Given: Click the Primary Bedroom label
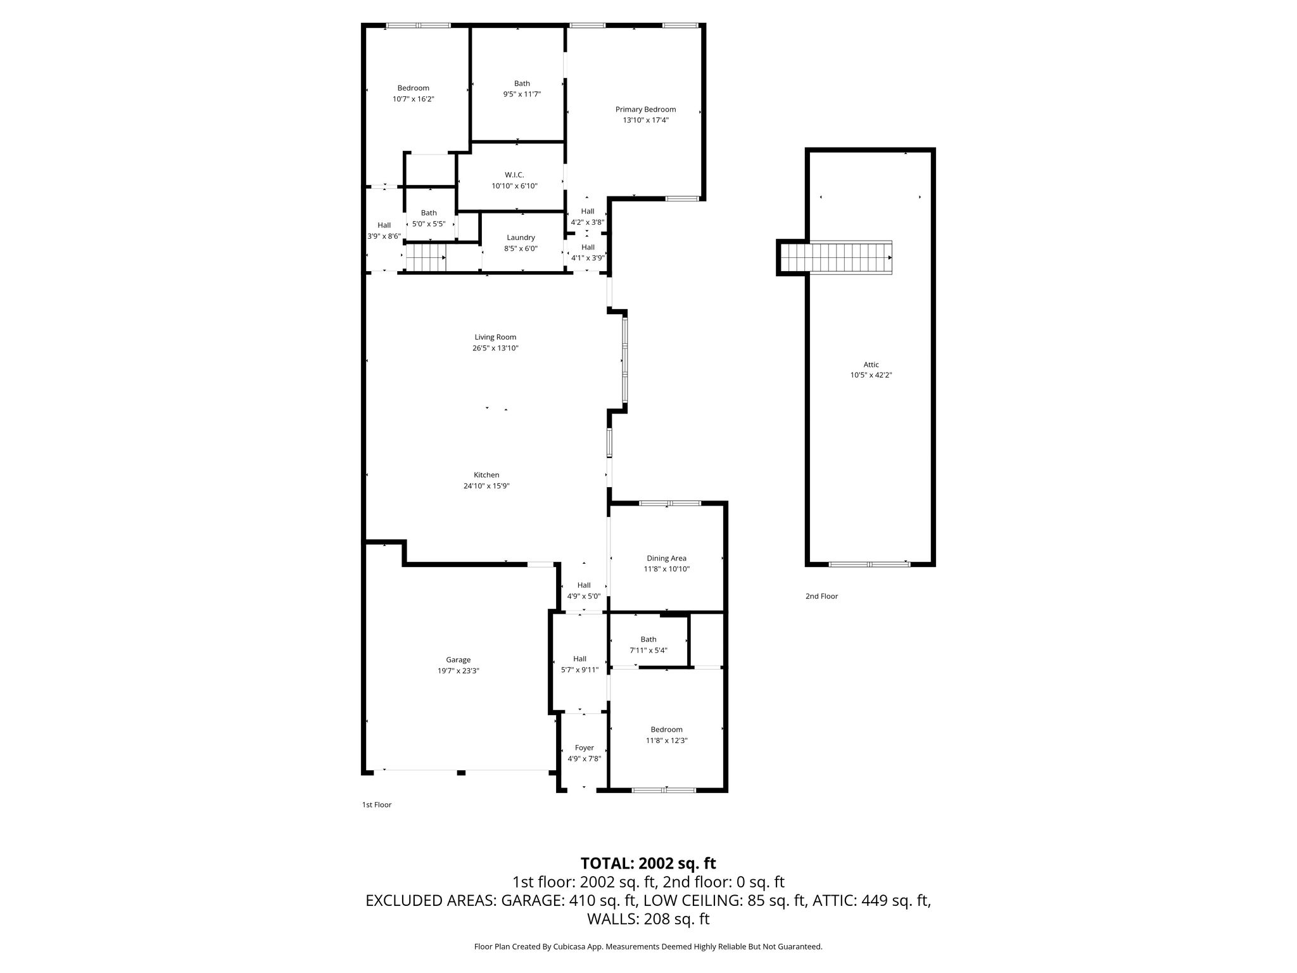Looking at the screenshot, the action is [645, 110].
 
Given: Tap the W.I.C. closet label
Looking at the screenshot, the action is [514, 175].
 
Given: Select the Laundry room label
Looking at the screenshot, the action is [521, 238].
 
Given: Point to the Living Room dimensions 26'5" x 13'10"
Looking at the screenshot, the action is [495, 348].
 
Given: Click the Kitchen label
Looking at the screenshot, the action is [486, 475].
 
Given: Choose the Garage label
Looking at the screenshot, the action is [458, 660].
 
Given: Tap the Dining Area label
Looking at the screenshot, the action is [666, 558].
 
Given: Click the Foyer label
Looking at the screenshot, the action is [584, 748].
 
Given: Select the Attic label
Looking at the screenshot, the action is [871, 364].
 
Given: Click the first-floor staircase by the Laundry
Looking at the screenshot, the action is [426, 258].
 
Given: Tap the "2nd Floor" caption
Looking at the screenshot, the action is [821, 596].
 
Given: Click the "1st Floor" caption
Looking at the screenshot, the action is [376, 804].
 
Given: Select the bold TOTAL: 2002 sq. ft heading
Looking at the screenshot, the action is [648, 863].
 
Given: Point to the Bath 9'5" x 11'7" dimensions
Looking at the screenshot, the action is [522, 94].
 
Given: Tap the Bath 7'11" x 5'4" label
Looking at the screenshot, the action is [648, 645].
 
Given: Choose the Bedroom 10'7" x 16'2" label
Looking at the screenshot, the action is [413, 93].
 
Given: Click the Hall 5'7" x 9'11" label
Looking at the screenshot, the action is [579, 664].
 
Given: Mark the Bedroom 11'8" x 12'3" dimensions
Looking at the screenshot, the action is [666, 741].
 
